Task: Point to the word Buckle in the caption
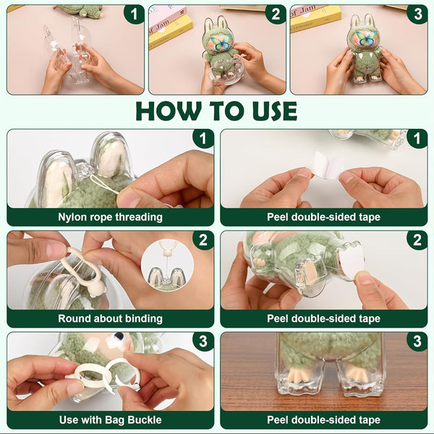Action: (145, 420)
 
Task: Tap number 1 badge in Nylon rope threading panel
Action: (203, 138)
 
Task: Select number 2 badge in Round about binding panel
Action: (203, 239)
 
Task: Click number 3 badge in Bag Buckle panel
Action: (203, 341)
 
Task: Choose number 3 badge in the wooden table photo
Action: (417, 341)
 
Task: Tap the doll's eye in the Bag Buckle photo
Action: (119, 336)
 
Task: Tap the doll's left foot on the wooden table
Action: (298, 373)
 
